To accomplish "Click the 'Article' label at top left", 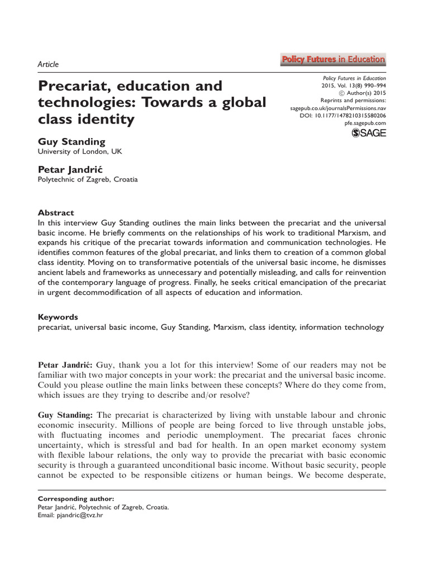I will pos(48,64).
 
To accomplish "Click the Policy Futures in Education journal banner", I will pos(332,59).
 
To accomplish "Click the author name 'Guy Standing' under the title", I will pos(71,141).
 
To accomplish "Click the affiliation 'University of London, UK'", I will pos(79,151).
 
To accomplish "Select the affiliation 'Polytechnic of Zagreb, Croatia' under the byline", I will pos(87,180).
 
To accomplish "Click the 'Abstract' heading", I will pos(55,213).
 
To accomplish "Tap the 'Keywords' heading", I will pos(58,316).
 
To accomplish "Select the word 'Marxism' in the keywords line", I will pos(230,327).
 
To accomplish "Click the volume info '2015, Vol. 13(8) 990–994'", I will pos(353,87).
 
